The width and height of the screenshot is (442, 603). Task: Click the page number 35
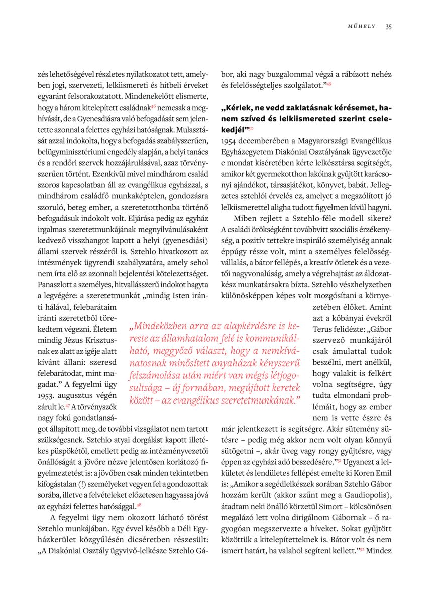(x=389, y=27)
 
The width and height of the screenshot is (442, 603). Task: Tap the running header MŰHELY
(x=360, y=27)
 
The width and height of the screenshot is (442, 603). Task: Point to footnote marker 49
(x=329, y=84)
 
